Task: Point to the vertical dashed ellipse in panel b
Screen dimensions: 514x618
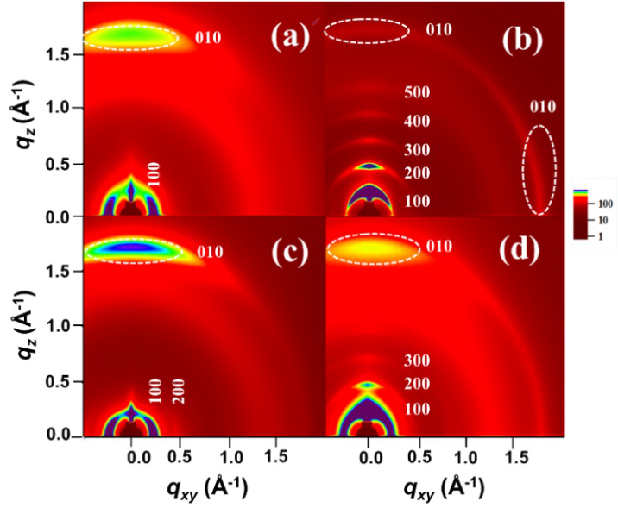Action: click(x=540, y=170)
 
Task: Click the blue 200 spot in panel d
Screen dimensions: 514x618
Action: click(x=369, y=385)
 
